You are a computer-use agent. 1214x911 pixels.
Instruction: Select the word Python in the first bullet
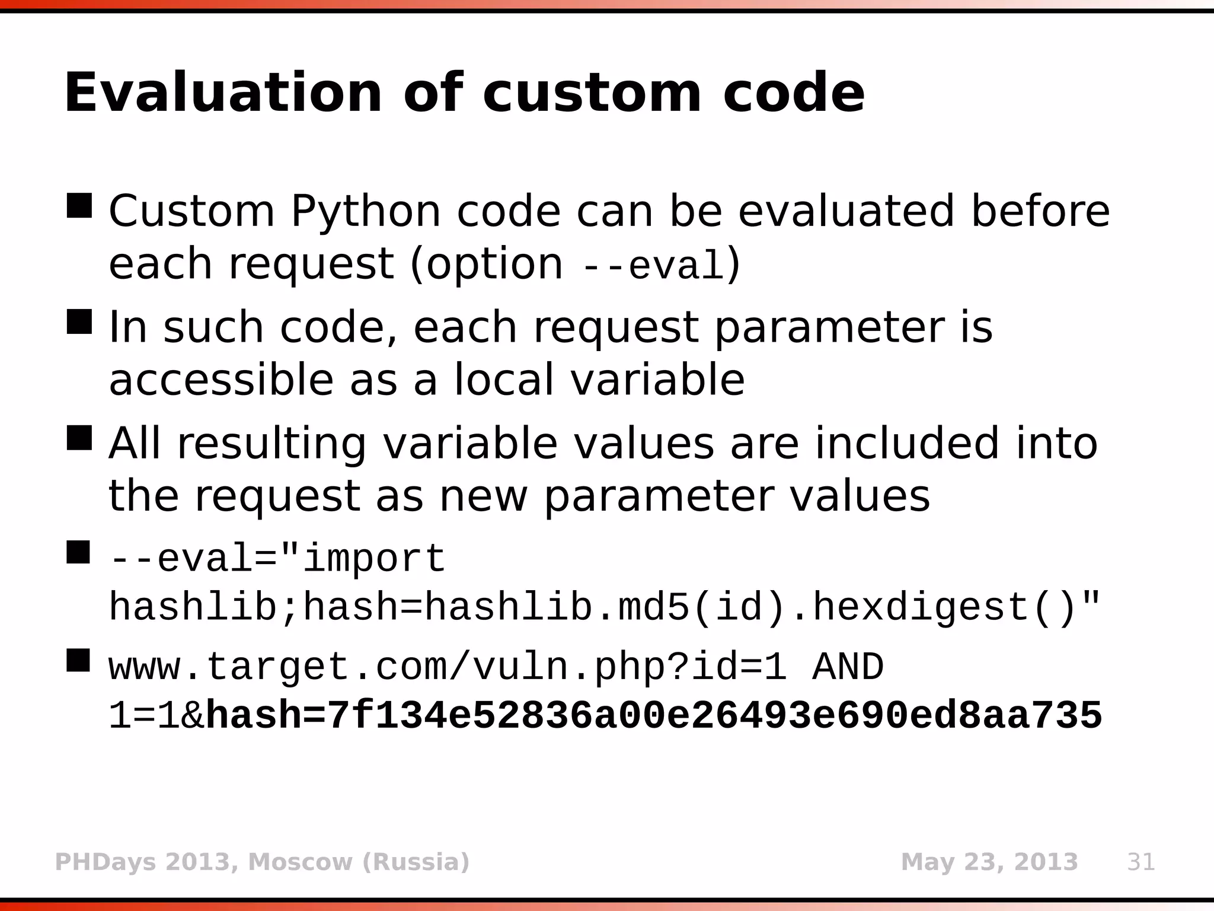click(366, 211)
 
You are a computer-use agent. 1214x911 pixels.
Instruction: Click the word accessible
click(221, 380)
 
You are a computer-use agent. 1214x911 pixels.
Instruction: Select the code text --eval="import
click(277, 559)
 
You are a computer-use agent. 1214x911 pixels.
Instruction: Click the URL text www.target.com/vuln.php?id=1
click(448, 667)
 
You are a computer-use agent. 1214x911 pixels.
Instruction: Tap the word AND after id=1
click(848, 667)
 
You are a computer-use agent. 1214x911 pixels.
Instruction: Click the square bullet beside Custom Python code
click(79, 206)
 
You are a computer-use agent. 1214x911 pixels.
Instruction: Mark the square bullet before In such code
click(79, 321)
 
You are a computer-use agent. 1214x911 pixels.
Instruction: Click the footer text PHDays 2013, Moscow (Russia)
click(262, 862)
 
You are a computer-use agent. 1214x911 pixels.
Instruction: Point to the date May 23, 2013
click(989, 862)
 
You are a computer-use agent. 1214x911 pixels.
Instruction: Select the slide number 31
click(1141, 862)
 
